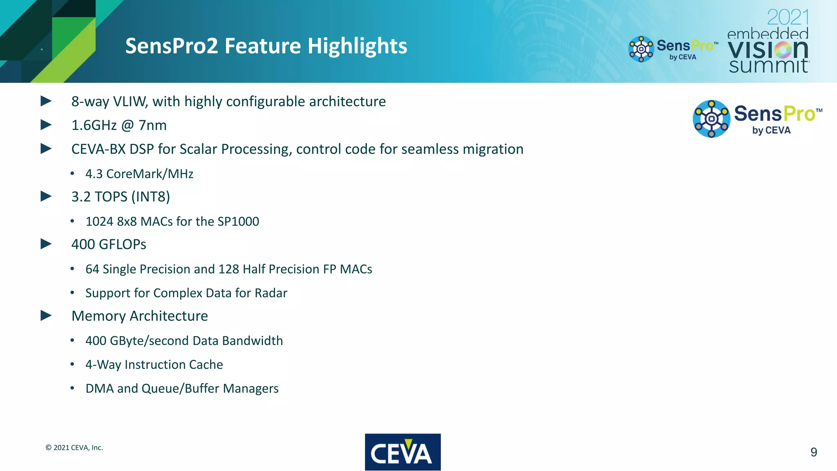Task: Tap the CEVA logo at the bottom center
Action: (403, 452)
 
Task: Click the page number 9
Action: (813, 452)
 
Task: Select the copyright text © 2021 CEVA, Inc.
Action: (74, 448)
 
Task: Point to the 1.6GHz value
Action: (94, 125)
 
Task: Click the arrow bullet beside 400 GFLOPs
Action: (46, 244)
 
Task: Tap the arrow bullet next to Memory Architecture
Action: (46, 316)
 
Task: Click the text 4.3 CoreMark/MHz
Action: (139, 174)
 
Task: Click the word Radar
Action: (271, 293)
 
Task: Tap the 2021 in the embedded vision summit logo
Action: (788, 18)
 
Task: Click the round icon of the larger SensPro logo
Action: (711, 119)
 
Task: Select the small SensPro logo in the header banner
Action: (672, 49)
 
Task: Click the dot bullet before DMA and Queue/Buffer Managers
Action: (72, 388)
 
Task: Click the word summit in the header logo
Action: (768, 66)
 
